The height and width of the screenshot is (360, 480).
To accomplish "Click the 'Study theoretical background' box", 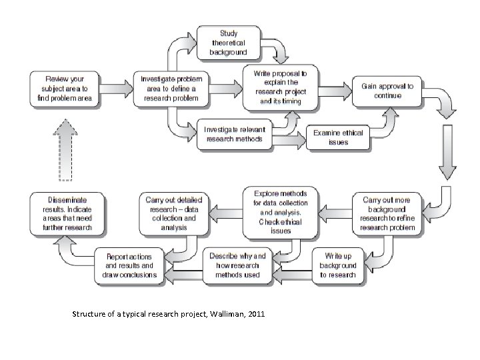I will click(228, 42).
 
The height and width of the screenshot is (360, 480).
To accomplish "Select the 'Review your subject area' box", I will click(65, 88).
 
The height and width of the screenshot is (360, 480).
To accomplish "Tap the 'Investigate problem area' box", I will click(171, 88).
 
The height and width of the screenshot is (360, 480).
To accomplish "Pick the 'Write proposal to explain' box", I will click(281, 87).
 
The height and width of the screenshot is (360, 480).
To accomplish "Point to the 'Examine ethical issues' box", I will click(338, 137).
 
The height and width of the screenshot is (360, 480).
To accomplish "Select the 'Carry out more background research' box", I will click(387, 213).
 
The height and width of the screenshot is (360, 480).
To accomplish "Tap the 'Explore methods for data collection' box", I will click(281, 212).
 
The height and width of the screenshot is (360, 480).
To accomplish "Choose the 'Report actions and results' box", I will click(131, 265).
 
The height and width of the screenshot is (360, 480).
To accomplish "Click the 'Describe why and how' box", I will click(237, 264).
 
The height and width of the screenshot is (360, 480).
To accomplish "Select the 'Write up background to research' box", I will click(338, 265).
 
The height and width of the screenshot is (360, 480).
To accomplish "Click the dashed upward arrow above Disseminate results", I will click(65, 150).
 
